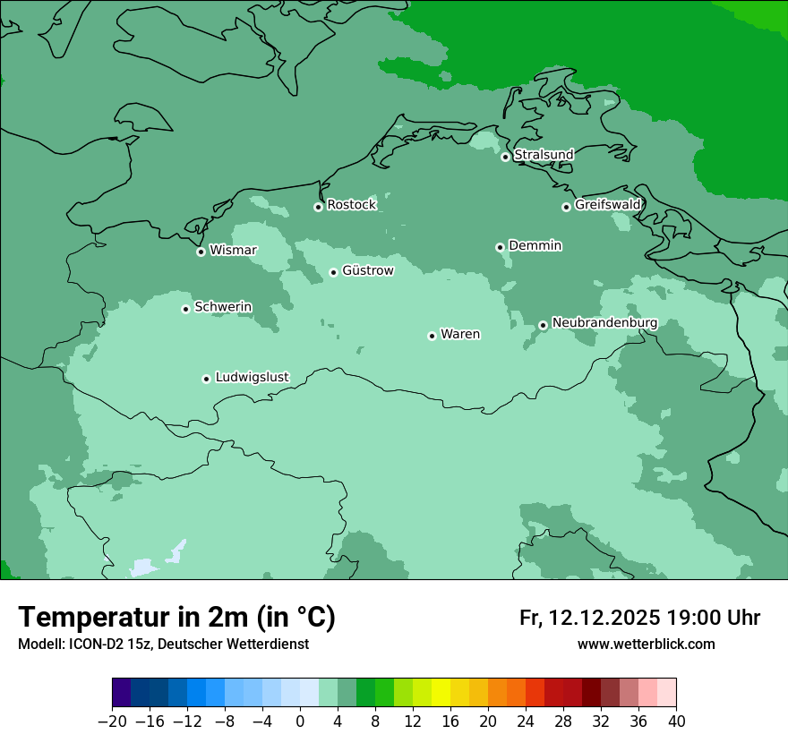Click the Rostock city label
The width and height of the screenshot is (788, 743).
point(351,205)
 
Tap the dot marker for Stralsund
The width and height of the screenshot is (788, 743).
point(505,157)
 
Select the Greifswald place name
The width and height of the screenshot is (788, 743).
point(607,205)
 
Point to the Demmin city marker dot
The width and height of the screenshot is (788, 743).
point(500,247)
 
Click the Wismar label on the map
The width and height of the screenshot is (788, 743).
point(233,251)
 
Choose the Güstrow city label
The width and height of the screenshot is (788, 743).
point(367,270)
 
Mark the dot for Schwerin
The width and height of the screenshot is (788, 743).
point(185,309)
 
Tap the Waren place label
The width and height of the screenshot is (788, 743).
point(460,335)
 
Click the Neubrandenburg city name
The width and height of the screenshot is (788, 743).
point(604,323)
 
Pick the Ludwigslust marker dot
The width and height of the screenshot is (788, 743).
point(206,379)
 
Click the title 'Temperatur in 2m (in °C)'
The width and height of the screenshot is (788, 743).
point(176,618)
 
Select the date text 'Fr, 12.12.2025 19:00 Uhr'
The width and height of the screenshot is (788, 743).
point(639,619)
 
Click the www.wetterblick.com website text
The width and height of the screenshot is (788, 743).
point(646,645)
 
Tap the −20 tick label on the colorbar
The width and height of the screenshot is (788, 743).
point(112,722)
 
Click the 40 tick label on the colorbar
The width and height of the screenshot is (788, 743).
point(676,722)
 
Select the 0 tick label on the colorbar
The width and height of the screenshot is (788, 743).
point(300,722)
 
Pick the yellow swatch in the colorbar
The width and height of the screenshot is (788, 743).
point(441,693)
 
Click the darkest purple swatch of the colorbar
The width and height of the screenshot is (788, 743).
point(122,693)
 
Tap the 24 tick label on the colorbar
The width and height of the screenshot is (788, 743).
point(526,722)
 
